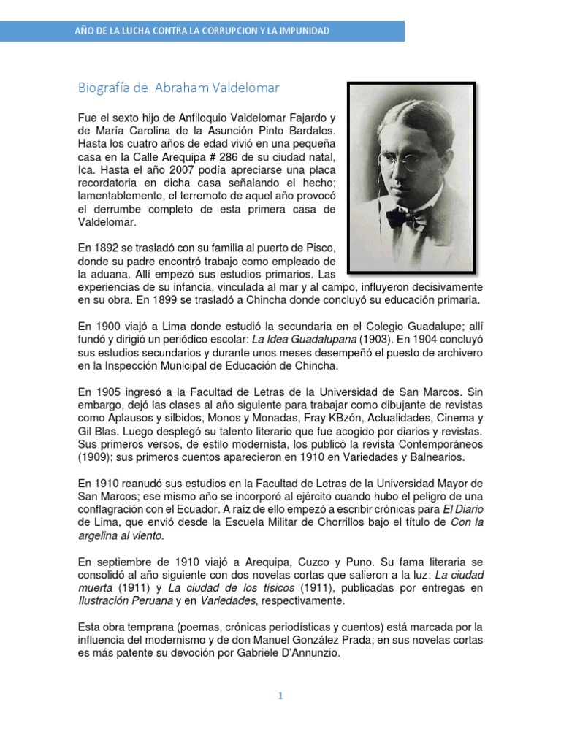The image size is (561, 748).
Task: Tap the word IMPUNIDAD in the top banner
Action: [x=301, y=31]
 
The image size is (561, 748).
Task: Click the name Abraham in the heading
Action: [x=182, y=88]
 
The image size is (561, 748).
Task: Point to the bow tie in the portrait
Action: [x=407, y=215]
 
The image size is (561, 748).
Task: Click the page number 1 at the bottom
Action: [x=280, y=696]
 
